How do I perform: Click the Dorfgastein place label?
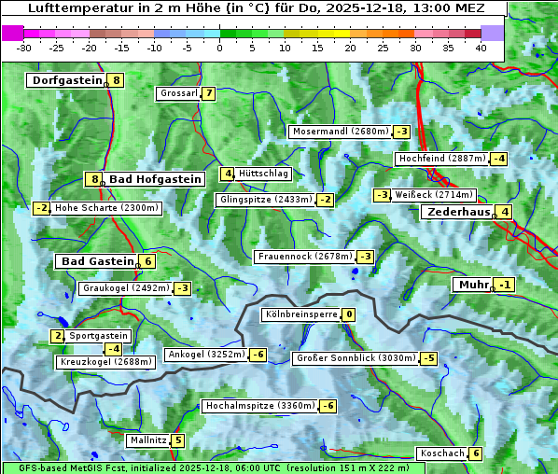click(66, 80)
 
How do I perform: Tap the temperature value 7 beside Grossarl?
click(209, 93)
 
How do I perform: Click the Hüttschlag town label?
click(264, 174)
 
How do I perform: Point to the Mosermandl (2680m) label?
click(340, 132)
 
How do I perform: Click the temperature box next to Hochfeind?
click(499, 159)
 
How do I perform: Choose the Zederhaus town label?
click(458, 212)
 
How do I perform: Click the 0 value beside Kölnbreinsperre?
click(348, 314)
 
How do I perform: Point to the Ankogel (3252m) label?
click(205, 355)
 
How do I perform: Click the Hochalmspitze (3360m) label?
click(259, 406)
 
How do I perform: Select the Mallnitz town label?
click(147, 439)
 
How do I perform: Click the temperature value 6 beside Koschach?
click(476, 453)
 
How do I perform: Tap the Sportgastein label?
click(99, 335)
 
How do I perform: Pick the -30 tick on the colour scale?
click(24, 48)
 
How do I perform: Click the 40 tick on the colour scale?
click(481, 48)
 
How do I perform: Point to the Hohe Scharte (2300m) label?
click(106, 208)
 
